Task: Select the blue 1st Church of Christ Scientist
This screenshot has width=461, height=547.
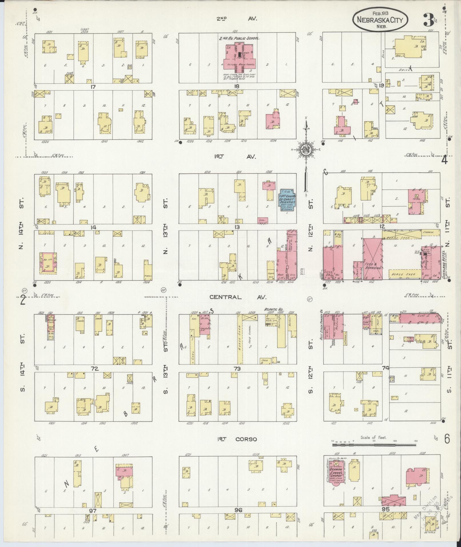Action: coord(288,200)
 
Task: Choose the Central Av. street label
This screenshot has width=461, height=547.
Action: coord(238,297)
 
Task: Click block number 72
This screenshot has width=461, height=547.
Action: coord(95,369)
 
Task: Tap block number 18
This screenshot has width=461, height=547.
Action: coord(236,86)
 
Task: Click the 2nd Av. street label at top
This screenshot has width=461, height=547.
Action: coord(236,19)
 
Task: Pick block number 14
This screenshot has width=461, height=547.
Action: coord(93,228)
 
